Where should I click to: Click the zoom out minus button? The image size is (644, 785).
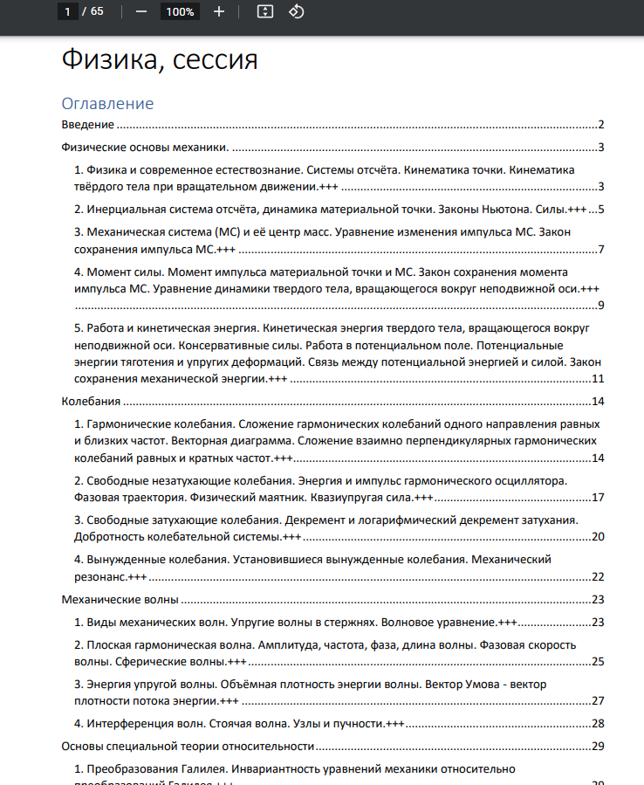(x=141, y=11)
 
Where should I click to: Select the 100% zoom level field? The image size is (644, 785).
(x=180, y=11)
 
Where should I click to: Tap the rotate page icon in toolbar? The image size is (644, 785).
(x=296, y=11)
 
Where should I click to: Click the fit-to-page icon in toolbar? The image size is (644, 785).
(x=266, y=11)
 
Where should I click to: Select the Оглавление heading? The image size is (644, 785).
(x=107, y=104)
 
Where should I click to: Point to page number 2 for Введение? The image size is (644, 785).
(x=601, y=125)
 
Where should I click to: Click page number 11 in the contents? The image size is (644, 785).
(x=598, y=379)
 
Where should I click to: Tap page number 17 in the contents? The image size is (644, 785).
(x=598, y=498)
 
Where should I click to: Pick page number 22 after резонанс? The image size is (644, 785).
(x=598, y=577)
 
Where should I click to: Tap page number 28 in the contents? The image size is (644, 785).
(x=598, y=723)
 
